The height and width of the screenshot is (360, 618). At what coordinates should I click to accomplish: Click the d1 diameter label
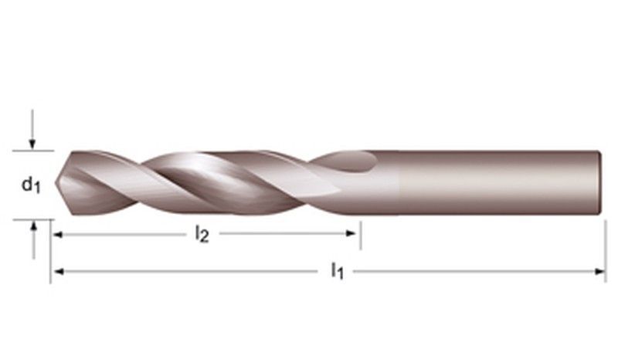31,185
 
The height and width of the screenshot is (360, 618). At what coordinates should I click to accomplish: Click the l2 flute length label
202,234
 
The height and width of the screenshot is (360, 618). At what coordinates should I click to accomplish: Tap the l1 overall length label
338,271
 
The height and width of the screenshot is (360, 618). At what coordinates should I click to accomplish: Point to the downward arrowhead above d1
32,144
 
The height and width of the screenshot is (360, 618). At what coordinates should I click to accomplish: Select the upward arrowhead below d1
34,226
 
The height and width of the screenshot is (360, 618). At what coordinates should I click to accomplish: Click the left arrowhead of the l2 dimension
58,235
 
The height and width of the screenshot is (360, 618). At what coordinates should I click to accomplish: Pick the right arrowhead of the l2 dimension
351,233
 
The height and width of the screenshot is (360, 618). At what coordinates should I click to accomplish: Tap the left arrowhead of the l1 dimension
59,271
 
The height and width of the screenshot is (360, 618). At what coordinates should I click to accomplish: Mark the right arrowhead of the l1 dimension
599,271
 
